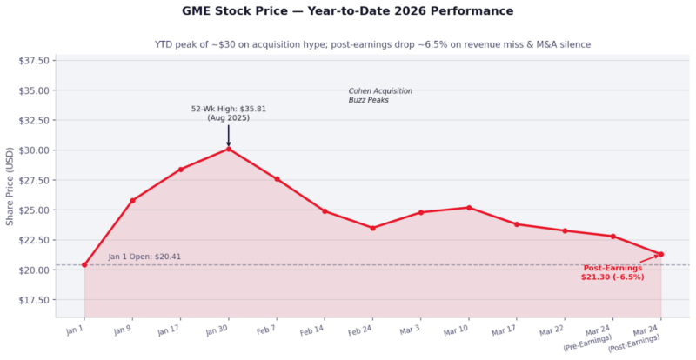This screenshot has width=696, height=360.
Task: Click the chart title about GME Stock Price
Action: click(x=348, y=11)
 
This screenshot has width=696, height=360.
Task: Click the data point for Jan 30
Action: click(x=229, y=149)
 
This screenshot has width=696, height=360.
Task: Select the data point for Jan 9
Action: click(x=132, y=200)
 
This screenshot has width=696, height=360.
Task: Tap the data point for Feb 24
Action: click(x=372, y=228)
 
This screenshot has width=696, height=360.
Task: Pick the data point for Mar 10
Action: click(x=469, y=208)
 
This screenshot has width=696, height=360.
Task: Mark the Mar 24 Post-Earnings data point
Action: click(x=661, y=254)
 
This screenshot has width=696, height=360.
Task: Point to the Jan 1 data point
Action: click(x=84, y=264)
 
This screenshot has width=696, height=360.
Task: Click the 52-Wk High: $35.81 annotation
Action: click(x=229, y=113)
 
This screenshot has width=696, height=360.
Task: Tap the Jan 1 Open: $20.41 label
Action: click(x=144, y=257)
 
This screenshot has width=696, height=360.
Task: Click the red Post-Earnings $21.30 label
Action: click(x=612, y=272)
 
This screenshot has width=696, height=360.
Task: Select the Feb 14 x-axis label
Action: click(x=312, y=332)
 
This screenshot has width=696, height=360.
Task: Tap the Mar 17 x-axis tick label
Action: click(x=505, y=332)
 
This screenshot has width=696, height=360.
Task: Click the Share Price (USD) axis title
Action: click(x=10, y=186)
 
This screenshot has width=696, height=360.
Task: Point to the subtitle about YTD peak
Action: click(x=371, y=43)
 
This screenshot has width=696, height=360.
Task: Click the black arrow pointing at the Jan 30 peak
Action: click(x=229, y=135)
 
